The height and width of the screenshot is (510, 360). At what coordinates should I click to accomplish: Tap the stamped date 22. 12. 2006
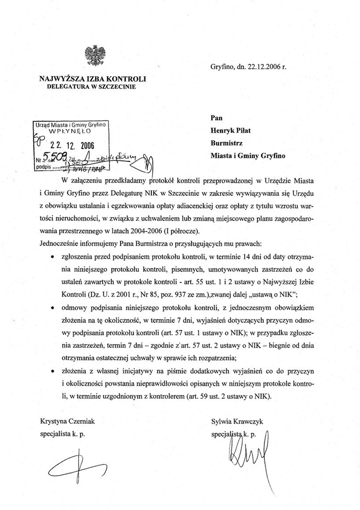pyautogui.click(x=72, y=145)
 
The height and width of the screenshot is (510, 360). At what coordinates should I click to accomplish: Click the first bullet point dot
pyautogui.click(x=53, y=257)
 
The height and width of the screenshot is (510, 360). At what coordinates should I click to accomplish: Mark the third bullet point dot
pyautogui.click(x=53, y=371)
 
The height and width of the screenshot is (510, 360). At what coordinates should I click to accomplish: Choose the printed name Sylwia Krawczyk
pyautogui.click(x=238, y=422)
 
